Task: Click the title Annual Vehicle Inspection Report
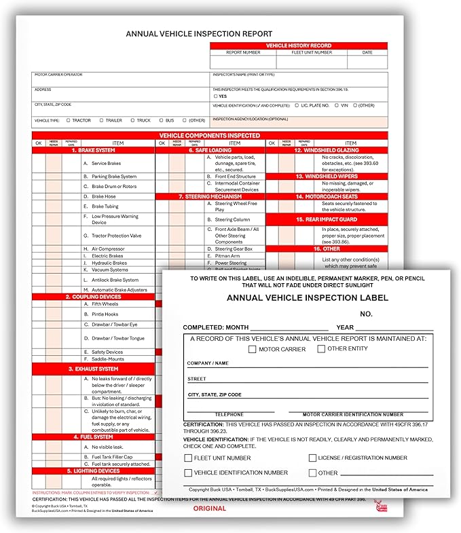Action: coord(199,33)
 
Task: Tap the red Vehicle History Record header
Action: coord(298,45)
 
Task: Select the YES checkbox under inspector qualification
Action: coord(215,96)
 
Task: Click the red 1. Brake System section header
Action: coord(94,150)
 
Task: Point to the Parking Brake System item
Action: coord(114,177)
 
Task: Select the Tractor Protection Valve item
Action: coord(116,236)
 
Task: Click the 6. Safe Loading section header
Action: coord(210,150)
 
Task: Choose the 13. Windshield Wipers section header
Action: coord(327,176)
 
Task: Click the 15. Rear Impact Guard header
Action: coord(327,220)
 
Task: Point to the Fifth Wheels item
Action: coord(105,304)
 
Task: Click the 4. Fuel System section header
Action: coord(94,437)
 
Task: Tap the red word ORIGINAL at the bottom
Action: coord(209,509)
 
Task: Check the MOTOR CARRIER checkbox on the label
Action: coord(252,349)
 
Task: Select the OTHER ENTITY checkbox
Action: coord(321,349)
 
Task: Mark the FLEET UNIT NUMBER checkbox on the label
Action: coord(188,458)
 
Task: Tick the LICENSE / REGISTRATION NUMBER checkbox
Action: coord(312,458)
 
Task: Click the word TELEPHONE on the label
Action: coord(229,414)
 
